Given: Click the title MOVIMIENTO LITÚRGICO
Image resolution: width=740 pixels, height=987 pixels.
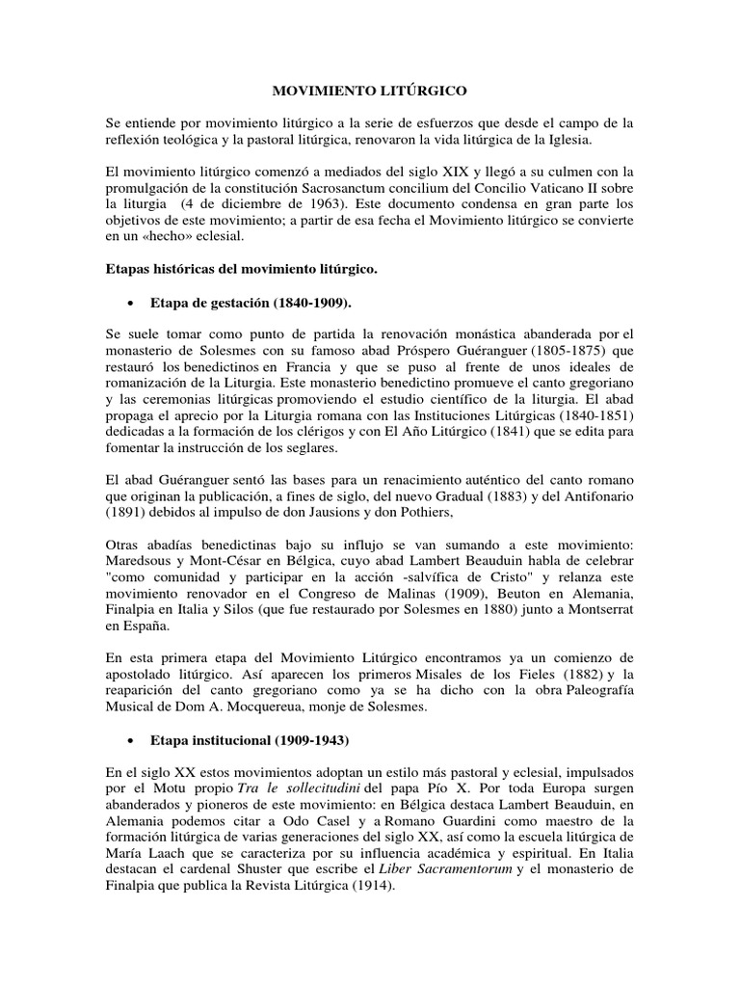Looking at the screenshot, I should coord(370,91).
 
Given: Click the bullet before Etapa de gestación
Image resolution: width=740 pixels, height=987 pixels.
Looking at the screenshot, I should coord(128,301).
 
